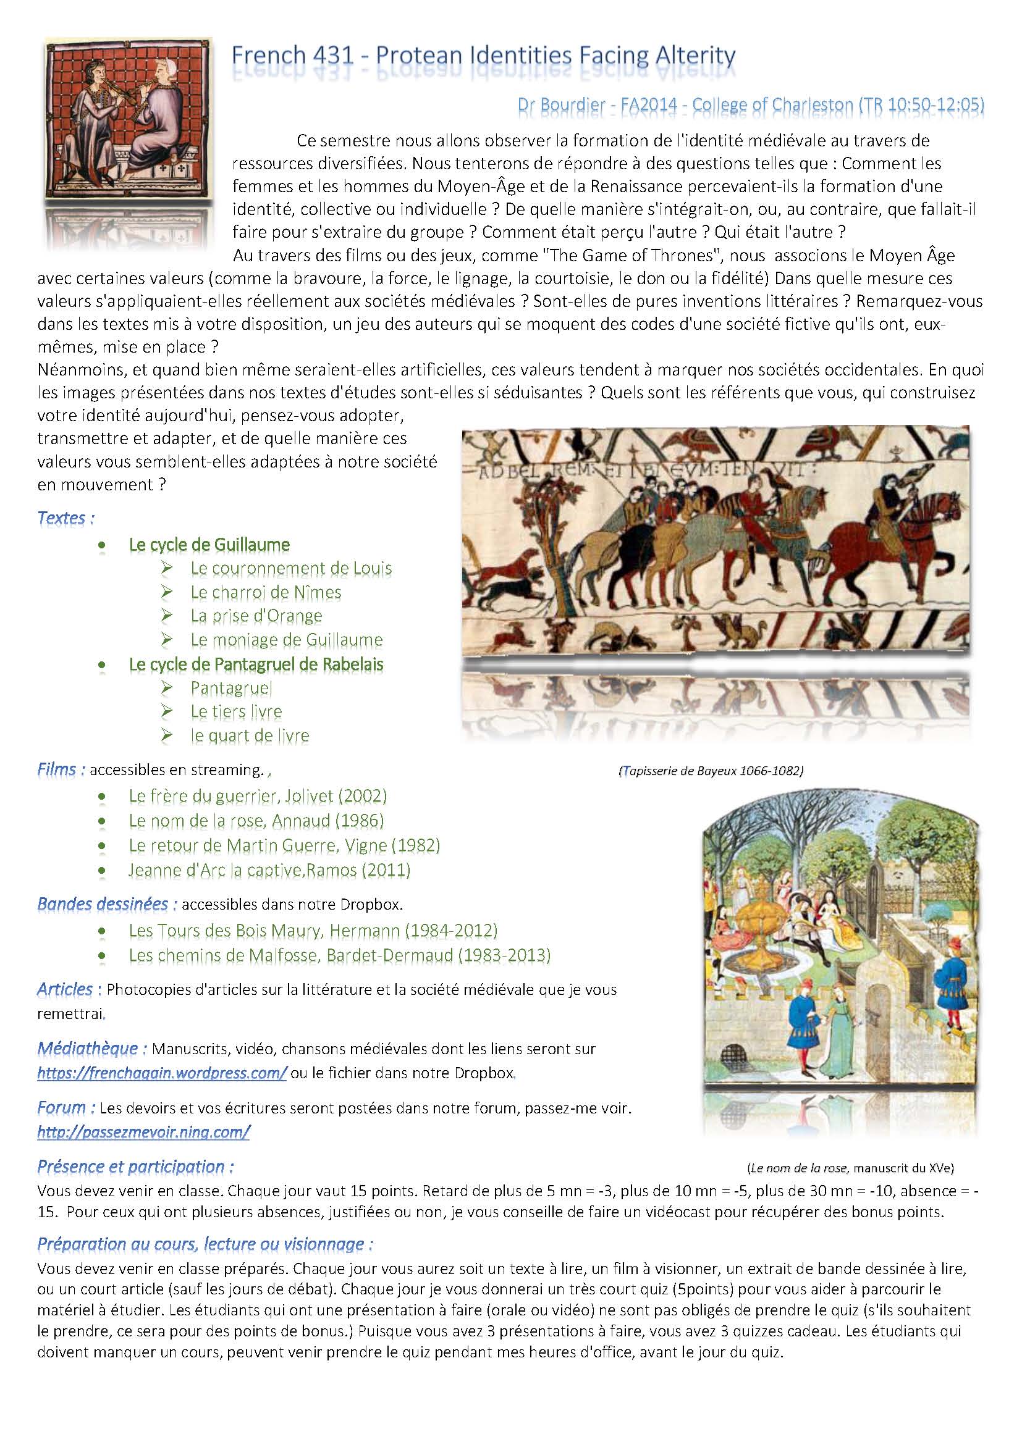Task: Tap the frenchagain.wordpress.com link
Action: tap(163, 1072)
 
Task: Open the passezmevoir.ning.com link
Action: tap(143, 1132)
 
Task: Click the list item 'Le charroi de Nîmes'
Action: tap(266, 592)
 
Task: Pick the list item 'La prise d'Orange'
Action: tap(256, 616)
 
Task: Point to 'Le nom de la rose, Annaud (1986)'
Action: tap(256, 821)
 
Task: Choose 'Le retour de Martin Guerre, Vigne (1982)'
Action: tap(284, 845)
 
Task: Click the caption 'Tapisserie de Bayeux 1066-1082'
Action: tap(711, 771)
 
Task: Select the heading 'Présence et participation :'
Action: tap(135, 1166)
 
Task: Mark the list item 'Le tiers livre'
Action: tap(236, 711)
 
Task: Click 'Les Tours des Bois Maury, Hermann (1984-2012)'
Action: tap(313, 930)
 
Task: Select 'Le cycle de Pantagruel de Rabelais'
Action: tap(256, 664)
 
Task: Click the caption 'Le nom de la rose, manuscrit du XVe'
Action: tap(851, 1168)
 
